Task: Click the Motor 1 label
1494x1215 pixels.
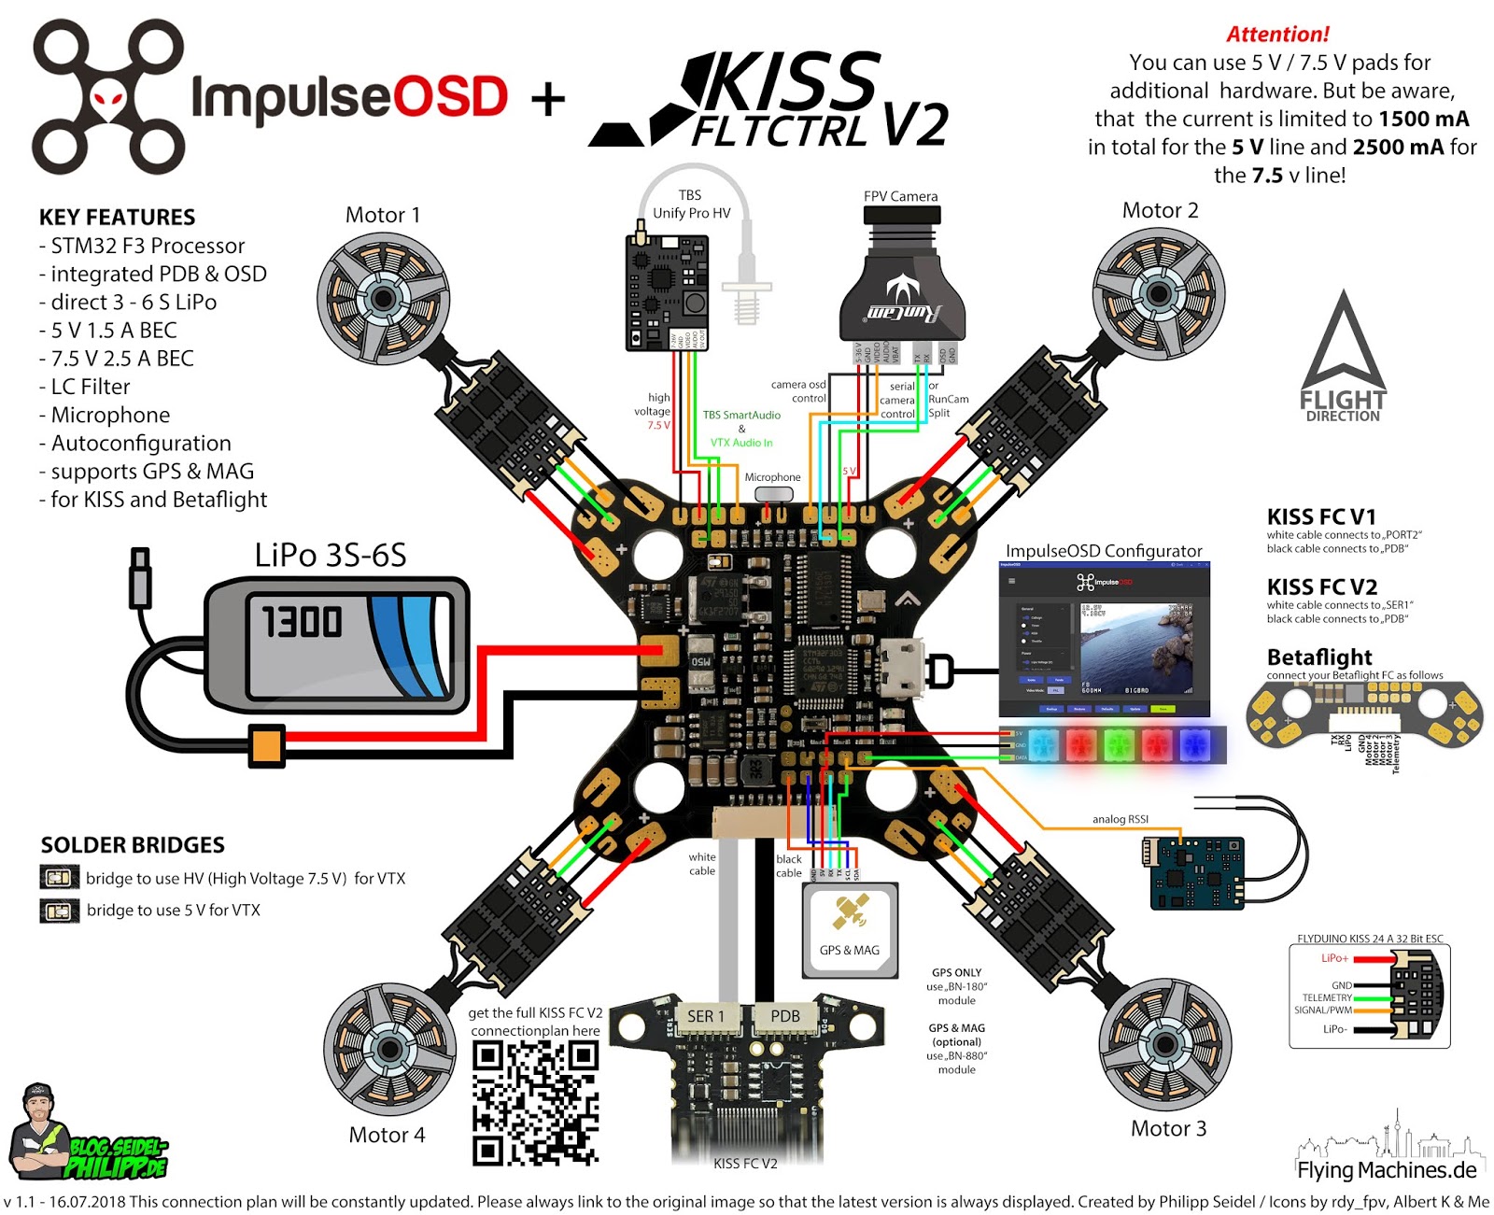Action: (x=382, y=215)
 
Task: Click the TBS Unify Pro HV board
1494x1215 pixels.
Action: (x=667, y=292)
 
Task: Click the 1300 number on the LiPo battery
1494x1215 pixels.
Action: (x=302, y=622)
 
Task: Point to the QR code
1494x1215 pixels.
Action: (x=534, y=1103)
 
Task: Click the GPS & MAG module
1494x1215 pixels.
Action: (x=850, y=930)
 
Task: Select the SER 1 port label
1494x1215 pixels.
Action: (x=706, y=1016)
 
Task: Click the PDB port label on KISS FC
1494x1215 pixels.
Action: (x=784, y=1016)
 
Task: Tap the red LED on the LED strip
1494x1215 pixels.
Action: (x=1080, y=744)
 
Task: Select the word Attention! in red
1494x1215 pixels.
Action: (x=1276, y=35)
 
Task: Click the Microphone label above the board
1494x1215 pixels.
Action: (x=772, y=477)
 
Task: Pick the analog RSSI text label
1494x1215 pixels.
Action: (x=1120, y=819)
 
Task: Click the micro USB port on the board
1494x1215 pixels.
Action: (x=901, y=668)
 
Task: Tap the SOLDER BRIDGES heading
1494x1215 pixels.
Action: (x=133, y=845)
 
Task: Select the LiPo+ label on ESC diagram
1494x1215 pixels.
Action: (x=1333, y=958)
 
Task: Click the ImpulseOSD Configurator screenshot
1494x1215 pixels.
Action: (x=1104, y=640)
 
